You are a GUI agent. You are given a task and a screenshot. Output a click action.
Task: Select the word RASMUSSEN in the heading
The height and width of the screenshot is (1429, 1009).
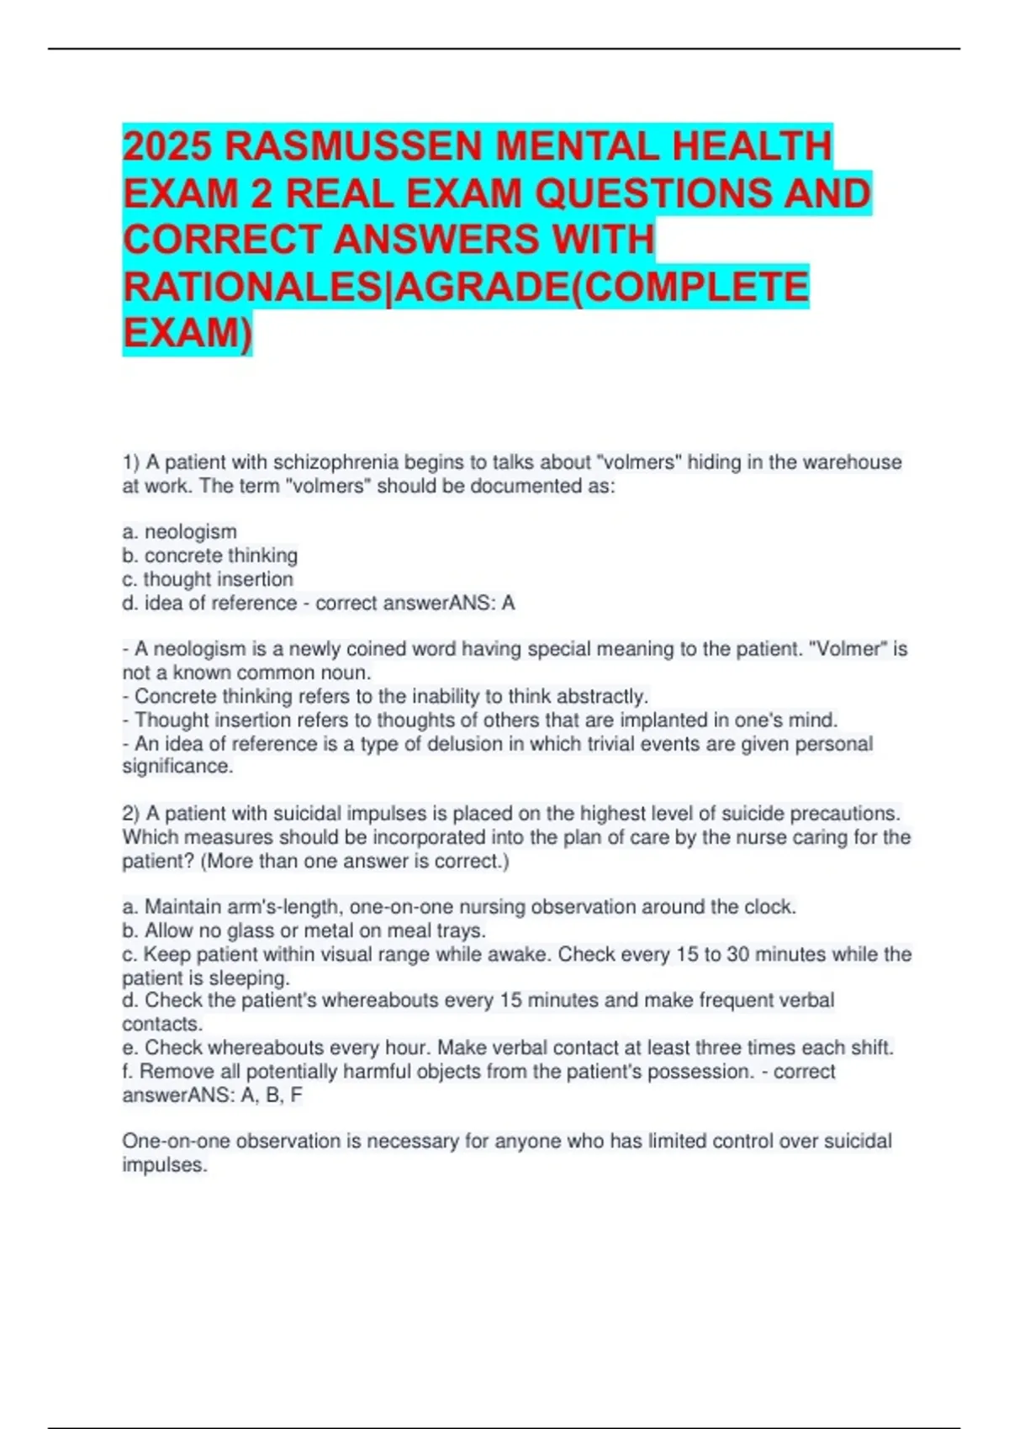tap(353, 146)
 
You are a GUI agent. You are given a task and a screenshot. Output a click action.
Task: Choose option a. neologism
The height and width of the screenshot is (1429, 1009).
tap(180, 532)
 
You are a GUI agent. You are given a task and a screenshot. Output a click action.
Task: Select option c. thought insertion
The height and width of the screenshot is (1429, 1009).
tap(208, 579)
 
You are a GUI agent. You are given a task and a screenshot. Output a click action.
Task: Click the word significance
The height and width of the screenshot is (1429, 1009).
tap(177, 767)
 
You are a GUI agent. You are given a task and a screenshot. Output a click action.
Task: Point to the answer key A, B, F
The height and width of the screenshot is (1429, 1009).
tap(271, 1095)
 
